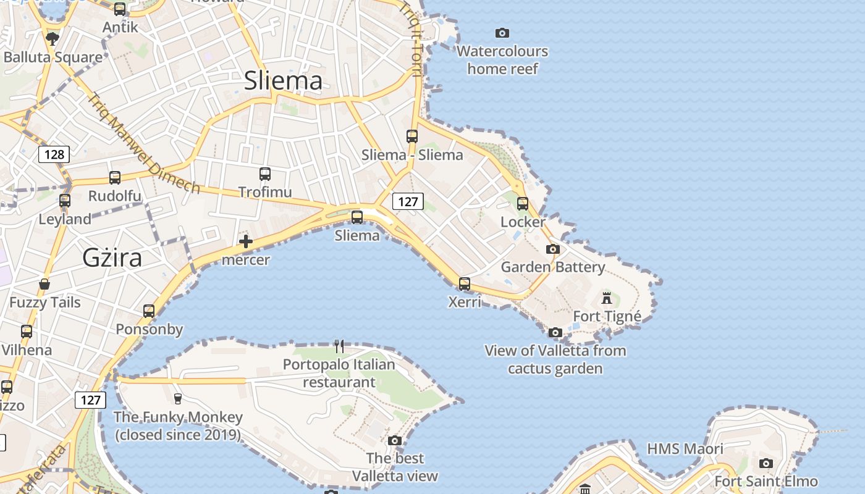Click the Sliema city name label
283,81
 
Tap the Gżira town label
112,257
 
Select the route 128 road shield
54,154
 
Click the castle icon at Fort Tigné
607,298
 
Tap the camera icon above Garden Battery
553,249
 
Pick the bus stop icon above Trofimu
265,174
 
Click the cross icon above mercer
246,241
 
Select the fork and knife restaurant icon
339,346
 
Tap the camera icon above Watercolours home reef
502,33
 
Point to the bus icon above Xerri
465,284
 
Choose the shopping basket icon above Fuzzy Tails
44,284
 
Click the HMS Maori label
685,449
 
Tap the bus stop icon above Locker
523,203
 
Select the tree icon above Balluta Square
53,39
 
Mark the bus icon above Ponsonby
149,311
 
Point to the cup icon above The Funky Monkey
178,398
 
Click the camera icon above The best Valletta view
395,440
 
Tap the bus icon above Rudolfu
115,178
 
